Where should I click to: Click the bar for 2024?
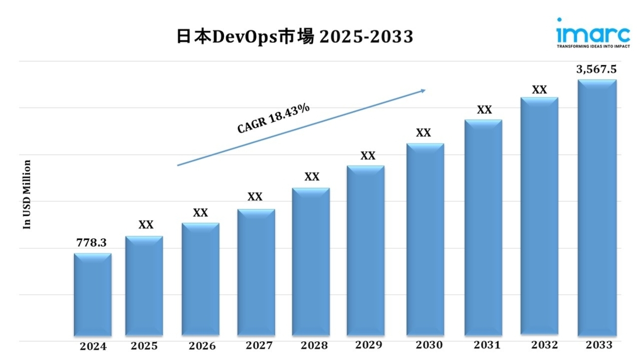tap(93, 295)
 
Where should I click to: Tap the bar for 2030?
tap(425, 241)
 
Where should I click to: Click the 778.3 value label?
tap(91, 242)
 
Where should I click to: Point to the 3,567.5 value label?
tap(596, 69)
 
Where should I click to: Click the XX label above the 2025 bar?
tap(146, 225)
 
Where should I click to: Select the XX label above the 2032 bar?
tap(540, 90)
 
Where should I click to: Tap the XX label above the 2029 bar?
tap(368, 156)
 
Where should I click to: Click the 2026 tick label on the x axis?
tap(202, 346)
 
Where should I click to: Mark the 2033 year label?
tap(599, 345)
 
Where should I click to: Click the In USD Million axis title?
tap(28, 195)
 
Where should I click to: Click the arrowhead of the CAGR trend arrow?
tap(422, 90)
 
